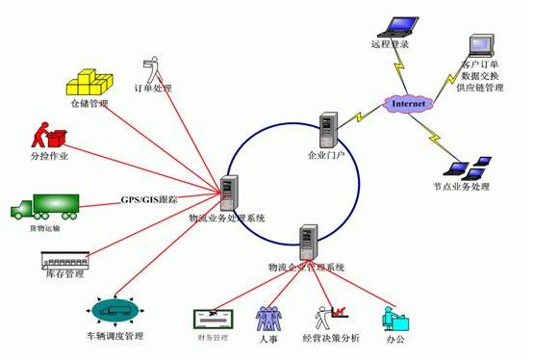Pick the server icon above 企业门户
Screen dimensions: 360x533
tap(329, 130)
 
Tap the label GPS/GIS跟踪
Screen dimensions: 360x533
tap(149, 199)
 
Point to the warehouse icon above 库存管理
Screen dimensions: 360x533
tap(64, 260)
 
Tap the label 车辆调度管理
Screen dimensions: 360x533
tap(114, 336)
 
